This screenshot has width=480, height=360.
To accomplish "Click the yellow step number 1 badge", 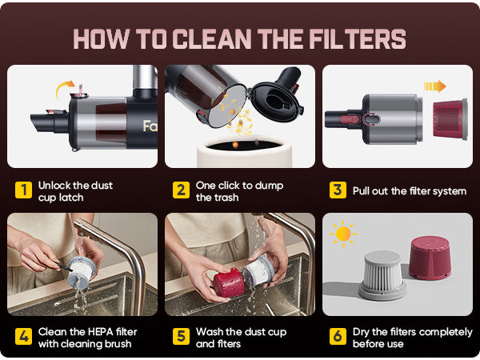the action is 23,190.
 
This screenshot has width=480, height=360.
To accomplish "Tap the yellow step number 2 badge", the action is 181,190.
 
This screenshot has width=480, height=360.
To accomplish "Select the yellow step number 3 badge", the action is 338,190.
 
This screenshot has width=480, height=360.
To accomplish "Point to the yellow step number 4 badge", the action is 23,337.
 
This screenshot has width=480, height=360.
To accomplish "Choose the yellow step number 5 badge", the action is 181,337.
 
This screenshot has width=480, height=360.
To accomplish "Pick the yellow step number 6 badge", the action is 338,337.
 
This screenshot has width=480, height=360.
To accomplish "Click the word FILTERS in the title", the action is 358,39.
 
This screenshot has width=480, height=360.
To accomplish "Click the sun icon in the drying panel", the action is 343,234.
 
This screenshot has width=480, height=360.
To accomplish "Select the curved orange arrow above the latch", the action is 62,87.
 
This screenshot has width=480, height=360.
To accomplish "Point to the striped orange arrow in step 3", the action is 435,86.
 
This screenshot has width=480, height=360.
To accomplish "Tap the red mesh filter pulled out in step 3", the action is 450,119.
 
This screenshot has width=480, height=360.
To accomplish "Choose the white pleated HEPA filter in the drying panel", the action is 382,275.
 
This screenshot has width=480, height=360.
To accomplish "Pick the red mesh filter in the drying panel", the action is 430,258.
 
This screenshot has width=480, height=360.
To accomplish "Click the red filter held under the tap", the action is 229,282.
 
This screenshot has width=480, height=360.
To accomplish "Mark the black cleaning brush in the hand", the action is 63,266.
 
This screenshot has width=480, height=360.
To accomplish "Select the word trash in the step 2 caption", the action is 226,198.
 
